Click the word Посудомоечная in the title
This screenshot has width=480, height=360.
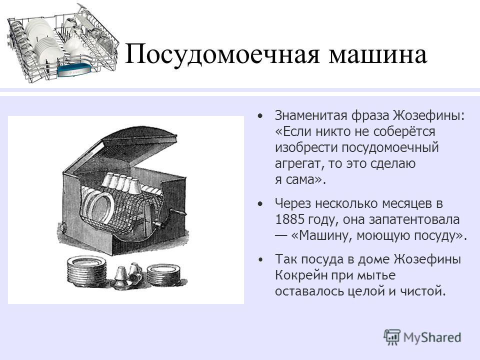(x=222, y=54)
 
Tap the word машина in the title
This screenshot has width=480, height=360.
(x=378, y=55)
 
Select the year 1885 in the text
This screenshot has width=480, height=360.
(x=289, y=219)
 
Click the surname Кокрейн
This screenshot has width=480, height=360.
(x=300, y=275)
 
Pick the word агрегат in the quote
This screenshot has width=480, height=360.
(x=299, y=164)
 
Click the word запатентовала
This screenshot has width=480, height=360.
(x=414, y=219)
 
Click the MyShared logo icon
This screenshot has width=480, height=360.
(x=392, y=337)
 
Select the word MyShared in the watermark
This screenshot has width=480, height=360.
(x=432, y=337)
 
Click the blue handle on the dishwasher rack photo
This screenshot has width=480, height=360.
(x=74, y=70)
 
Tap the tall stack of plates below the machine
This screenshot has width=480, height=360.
(x=87, y=271)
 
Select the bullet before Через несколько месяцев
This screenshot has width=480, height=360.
(x=260, y=203)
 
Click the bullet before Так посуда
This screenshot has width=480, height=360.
(x=260, y=259)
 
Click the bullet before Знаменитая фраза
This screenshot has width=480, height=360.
(x=260, y=116)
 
